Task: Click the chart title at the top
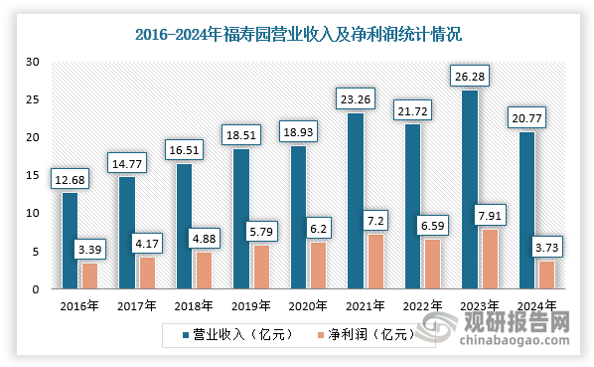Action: (x=298, y=35)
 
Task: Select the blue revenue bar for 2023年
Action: (x=470, y=189)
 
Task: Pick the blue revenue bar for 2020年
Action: (x=298, y=217)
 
